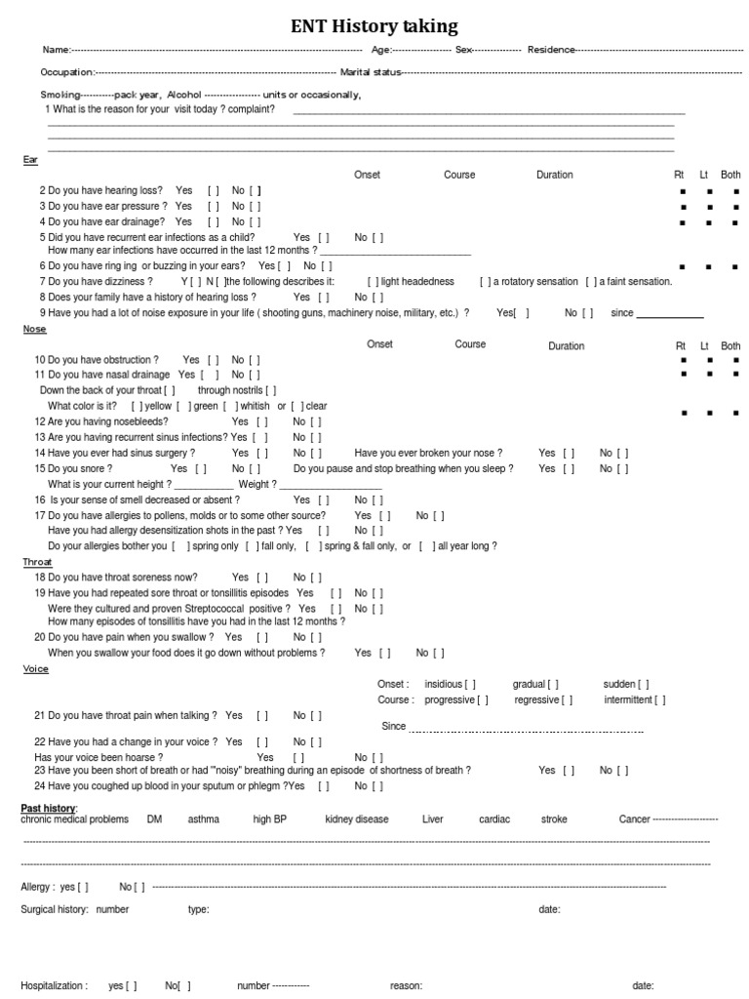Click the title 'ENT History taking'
[x=374, y=26]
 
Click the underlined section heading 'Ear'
[x=29, y=159]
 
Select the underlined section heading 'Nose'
[x=34, y=330]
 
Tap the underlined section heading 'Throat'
[x=37, y=562]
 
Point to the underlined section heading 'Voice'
[x=35, y=669]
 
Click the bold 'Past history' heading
[x=48, y=808]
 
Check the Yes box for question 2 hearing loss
[x=213, y=190]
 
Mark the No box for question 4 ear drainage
[x=255, y=221]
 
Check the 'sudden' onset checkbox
[x=644, y=684]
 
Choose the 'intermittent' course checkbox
[x=660, y=699]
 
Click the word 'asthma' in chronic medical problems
[x=204, y=819]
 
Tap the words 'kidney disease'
[x=356, y=819]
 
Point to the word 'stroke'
[x=554, y=819]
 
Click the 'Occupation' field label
[x=66, y=72]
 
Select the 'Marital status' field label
[x=370, y=72]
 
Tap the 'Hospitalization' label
[x=54, y=986]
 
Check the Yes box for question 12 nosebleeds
[x=262, y=421]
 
